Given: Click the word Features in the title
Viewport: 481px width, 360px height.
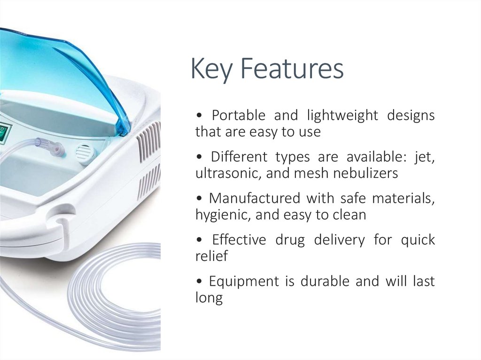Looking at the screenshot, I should tap(292, 69).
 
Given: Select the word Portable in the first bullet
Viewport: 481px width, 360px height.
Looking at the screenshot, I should tap(238, 115).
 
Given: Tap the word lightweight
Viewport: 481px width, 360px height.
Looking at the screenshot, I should tap(342, 115).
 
